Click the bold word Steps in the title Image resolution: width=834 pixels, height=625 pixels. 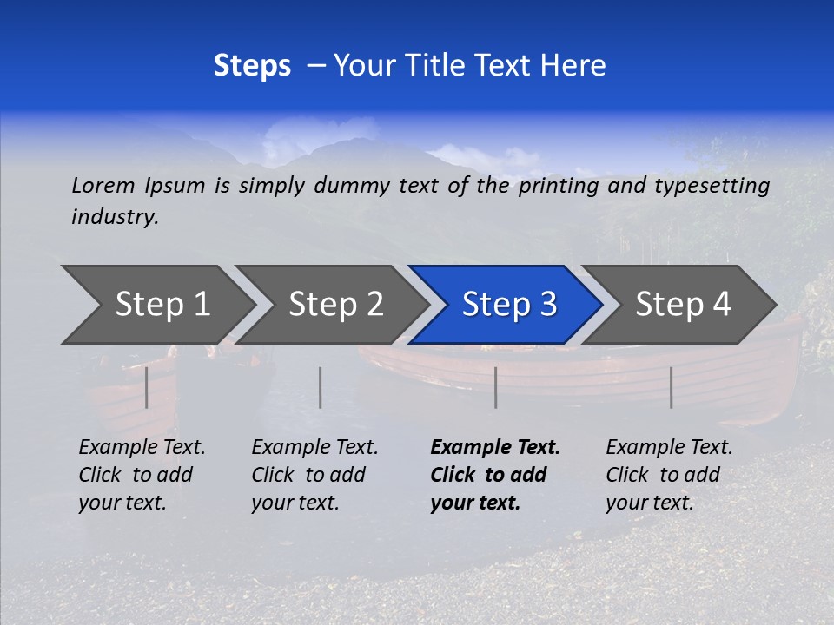point(252,66)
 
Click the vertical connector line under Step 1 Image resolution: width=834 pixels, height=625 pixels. point(147,387)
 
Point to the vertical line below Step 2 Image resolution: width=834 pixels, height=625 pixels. point(321,387)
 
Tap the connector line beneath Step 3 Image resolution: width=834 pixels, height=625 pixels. point(495,387)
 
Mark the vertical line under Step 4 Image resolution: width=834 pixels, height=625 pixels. point(671,387)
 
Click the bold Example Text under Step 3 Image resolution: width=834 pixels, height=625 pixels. point(495,448)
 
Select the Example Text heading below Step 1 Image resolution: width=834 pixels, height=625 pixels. point(142,448)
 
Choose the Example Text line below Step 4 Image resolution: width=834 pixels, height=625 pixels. point(669,448)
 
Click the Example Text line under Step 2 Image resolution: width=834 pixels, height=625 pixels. point(314,448)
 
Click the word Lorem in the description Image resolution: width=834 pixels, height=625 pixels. point(103,186)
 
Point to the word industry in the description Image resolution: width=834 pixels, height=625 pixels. point(115,217)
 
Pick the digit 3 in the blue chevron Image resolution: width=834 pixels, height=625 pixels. point(547,305)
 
